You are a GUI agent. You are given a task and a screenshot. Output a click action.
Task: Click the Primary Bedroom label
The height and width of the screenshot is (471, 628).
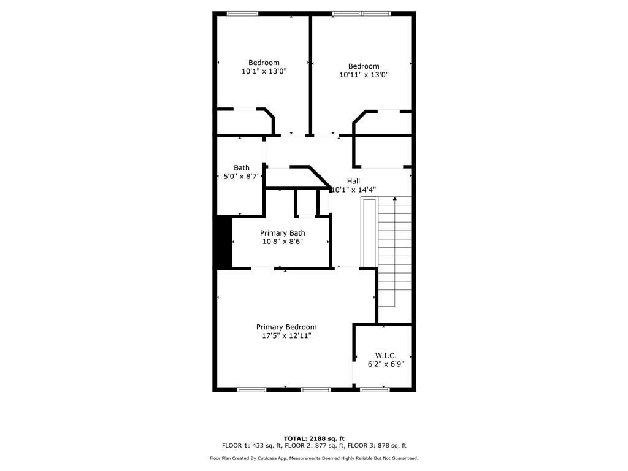click(x=286, y=327)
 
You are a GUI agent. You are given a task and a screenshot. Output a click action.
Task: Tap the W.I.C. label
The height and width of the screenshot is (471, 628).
click(x=386, y=356)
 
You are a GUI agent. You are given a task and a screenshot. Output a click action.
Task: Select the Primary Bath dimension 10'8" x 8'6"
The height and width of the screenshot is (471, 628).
click(x=283, y=242)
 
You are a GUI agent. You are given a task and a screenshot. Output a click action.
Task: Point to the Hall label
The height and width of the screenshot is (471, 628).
click(x=353, y=181)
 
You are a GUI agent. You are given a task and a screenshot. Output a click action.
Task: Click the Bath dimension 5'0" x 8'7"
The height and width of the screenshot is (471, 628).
click(x=242, y=176)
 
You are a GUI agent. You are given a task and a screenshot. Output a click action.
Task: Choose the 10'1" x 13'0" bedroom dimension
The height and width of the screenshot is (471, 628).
click(x=264, y=71)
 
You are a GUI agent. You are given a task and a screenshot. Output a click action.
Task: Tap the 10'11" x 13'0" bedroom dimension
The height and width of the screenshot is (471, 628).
click(x=364, y=75)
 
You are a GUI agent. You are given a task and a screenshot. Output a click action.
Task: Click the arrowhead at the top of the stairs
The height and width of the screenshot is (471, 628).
click(x=395, y=198)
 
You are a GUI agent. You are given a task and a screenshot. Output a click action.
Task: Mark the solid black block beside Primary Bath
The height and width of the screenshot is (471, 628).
click(x=224, y=242)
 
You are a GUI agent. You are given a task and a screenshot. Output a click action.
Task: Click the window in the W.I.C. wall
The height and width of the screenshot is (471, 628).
click(x=375, y=389)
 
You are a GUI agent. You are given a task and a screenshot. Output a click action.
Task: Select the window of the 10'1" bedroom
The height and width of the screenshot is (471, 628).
click(x=243, y=13)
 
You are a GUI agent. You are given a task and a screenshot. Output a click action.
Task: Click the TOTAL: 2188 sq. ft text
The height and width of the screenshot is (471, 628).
click(x=314, y=438)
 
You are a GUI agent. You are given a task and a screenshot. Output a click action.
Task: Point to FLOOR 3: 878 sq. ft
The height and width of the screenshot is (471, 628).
click(x=377, y=446)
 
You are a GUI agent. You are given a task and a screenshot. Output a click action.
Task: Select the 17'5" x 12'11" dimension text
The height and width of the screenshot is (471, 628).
click(x=287, y=336)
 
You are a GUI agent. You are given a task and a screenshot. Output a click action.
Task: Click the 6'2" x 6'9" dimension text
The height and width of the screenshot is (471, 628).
click(x=386, y=364)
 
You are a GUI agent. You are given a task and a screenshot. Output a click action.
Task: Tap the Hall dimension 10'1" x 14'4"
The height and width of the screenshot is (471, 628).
click(x=353, y=190)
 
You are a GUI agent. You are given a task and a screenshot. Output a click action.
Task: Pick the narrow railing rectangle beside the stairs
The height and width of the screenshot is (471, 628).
click(x=369, y=232)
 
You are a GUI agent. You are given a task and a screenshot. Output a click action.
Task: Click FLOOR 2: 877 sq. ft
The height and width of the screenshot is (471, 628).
click(x=315, y=446)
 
